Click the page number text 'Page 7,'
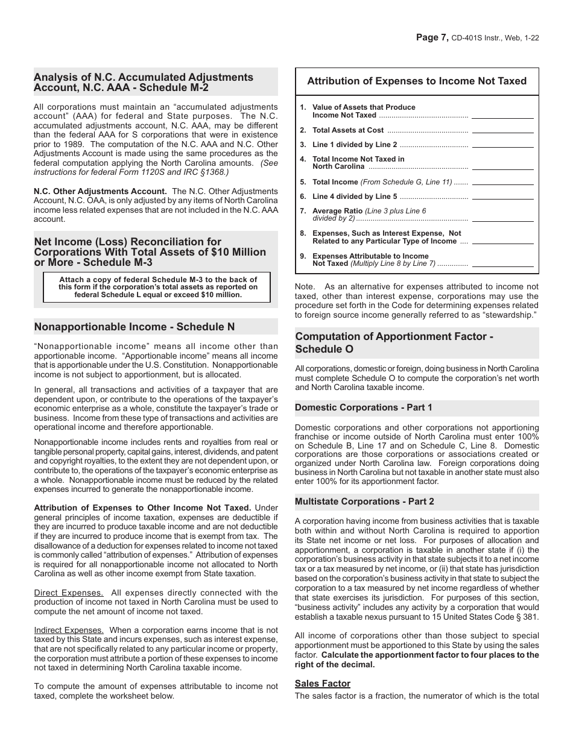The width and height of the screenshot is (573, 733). click(432, 37)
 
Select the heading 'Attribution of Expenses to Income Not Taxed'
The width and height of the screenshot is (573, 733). click(417, 81)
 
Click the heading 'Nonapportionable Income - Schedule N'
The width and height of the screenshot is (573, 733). click(135, 327)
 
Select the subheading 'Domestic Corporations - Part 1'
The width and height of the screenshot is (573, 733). click(364, 407)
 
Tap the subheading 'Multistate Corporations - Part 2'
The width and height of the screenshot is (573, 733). click(364, 502)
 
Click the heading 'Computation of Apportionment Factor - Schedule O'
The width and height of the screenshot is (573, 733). click(394, 342)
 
